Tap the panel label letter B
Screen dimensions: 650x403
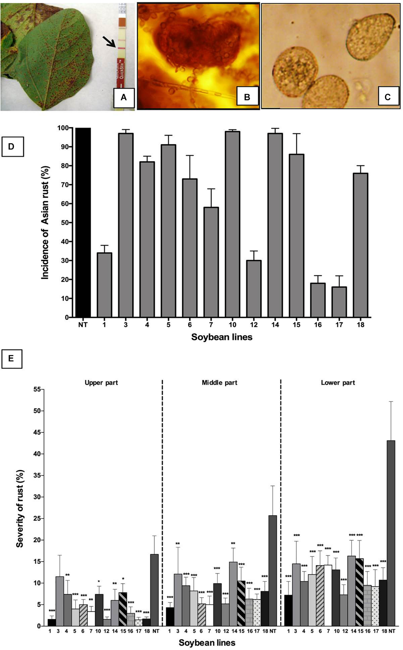247,97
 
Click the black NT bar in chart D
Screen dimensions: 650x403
83,223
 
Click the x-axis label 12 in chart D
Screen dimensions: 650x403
254,324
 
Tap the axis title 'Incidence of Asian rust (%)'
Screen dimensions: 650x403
45,223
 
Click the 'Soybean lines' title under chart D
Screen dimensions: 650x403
221,337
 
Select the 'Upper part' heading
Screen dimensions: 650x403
101,383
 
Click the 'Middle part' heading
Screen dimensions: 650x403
219,383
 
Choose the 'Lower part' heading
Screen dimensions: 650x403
338,383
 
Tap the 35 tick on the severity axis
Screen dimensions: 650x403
37,476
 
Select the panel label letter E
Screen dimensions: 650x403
11,358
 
